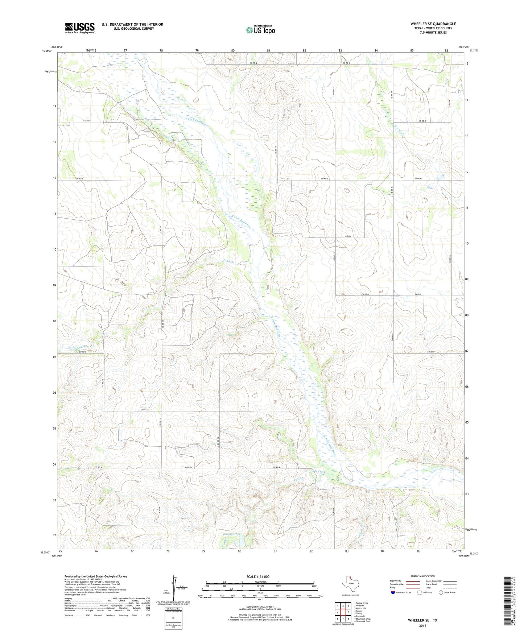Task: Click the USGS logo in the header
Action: (x=79, y=28)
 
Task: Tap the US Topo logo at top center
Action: (x=260, y=30)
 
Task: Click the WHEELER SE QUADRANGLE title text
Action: (x=433, y=24)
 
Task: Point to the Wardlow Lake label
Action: (x=232, y=534)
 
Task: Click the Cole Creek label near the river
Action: (x=319, y=472)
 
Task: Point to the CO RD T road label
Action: (x=349, y=236)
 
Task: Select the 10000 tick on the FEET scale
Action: (x=320, y=596)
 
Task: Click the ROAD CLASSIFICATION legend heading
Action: (x=422, y=576)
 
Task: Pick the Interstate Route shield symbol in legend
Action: (x=393, y=592)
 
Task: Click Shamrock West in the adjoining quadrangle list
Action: (x=363, y=619)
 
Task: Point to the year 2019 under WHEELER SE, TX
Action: (x=422, y=626)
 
